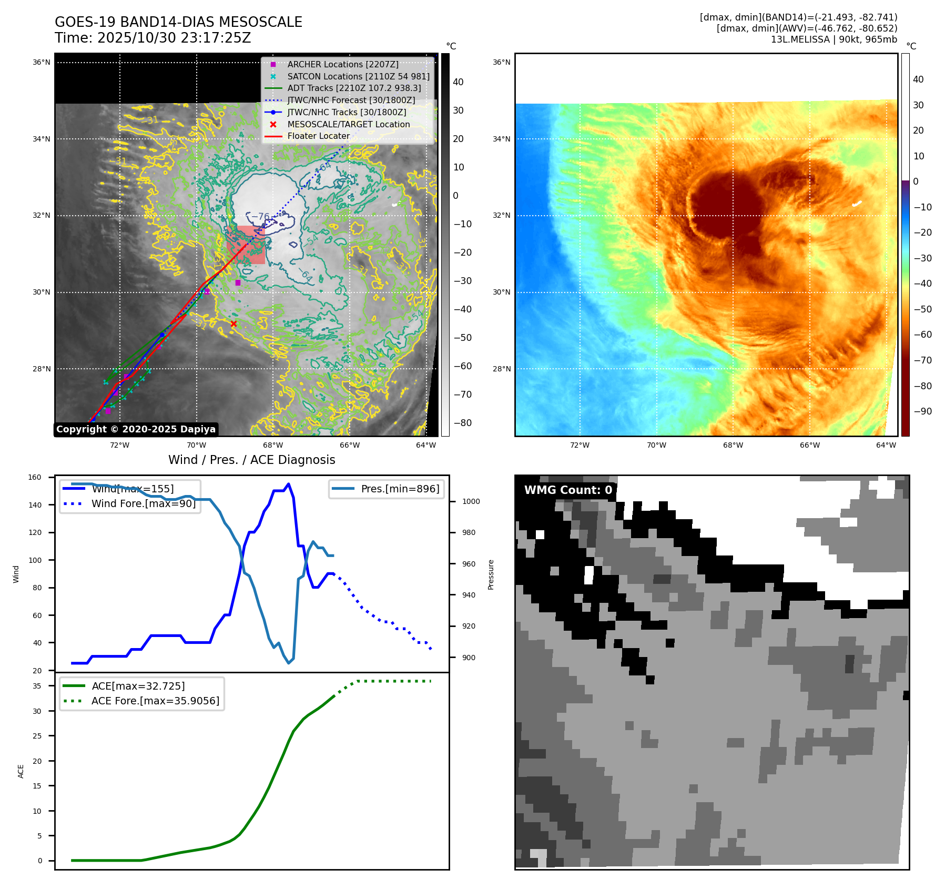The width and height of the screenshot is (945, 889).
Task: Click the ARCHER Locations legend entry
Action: click(342, 64)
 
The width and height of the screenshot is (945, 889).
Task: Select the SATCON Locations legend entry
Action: click(358, 76)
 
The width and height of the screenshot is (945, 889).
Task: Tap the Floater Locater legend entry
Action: click(318, 136)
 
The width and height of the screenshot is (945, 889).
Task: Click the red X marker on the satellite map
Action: click(234, 324)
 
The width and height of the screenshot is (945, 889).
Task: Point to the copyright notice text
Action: click(136, 429)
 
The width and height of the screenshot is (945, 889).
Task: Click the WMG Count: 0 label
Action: click(568, 490)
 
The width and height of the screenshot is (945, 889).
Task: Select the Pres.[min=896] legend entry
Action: click(400, 489)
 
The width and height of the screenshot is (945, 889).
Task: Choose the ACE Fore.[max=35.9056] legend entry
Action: click(155, 701)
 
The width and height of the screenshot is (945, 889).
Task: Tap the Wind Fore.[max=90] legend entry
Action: click(143, 503)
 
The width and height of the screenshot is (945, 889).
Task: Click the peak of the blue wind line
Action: click(288, 484)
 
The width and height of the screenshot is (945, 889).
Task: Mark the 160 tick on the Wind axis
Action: click(35, 478)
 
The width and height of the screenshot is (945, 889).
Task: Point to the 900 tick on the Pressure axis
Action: click(468, 658)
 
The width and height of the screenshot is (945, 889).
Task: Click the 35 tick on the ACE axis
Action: click(37, 686)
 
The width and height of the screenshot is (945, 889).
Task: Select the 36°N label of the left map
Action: click(42, 62)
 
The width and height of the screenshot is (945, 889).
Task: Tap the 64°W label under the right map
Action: click(886, 445)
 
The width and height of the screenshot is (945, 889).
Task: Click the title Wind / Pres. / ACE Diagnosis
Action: click(251, 460)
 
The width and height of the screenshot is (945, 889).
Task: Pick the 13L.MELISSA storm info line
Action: click(834, 39)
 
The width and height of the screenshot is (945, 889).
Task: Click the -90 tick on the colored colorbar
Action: click(922, 411)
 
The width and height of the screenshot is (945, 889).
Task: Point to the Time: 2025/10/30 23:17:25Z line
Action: click(153, 38)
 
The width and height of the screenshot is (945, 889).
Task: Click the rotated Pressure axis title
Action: click(491, 574)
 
